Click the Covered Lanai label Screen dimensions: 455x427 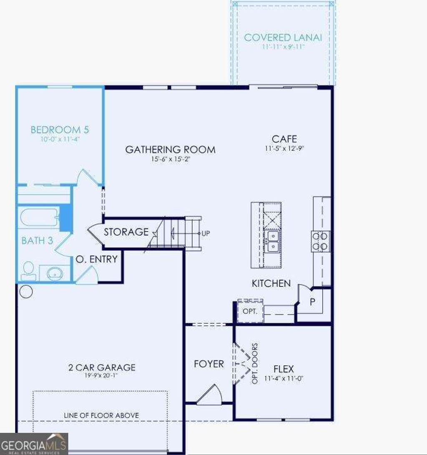click(x=283, y=37)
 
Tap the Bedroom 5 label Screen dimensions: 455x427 click(x=60, y=130)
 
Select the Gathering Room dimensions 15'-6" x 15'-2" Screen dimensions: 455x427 click(x=170, y=159)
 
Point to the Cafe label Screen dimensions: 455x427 click(x=284, y=139)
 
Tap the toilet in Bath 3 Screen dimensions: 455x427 click(x=28, y=270)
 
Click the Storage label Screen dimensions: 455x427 click(x=126, y=232)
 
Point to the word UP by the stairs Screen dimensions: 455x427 click(x=206, y=234)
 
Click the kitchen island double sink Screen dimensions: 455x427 click(x=272, y=241)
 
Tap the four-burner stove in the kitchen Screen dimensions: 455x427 click(x=320, y=241)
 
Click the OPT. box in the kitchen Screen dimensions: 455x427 click(x=250, y=311)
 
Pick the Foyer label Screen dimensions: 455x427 click(x=209, y=364)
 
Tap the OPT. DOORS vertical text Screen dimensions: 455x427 click(x=255, y=364)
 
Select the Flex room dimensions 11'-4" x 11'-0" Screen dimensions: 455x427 click(x=284, y=380)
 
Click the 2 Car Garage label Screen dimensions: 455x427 click(x=102, y=367)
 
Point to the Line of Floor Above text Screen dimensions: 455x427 click(x=101, y=415)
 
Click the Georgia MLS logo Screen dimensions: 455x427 click(x=34, y=444)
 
